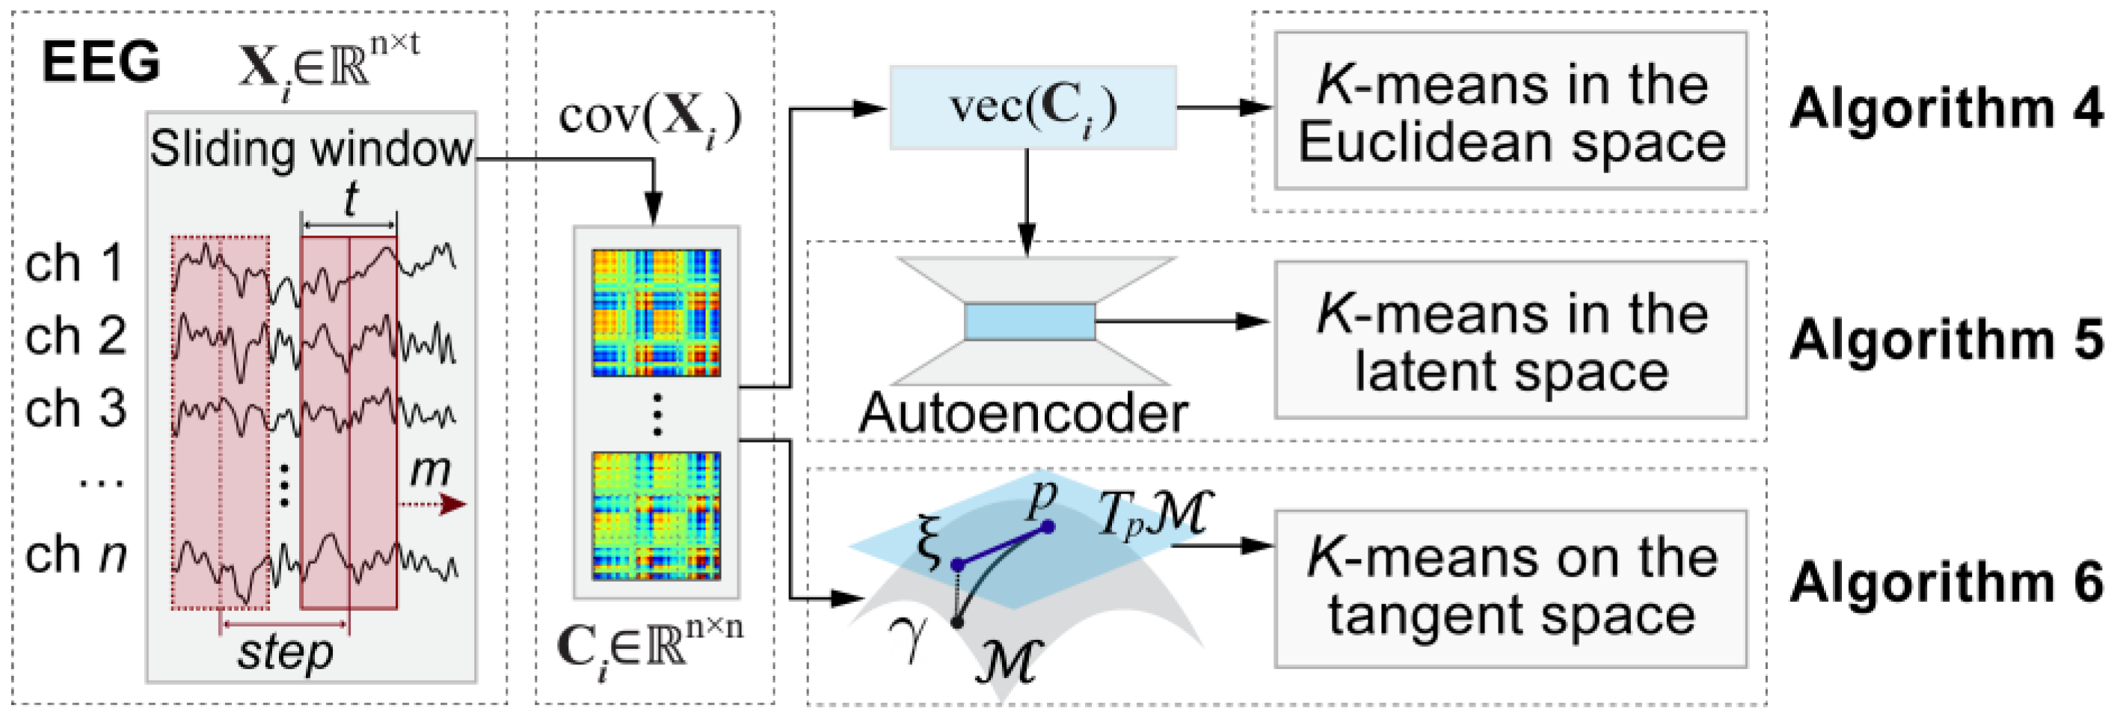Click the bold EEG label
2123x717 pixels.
(100, 63)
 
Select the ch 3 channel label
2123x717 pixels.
(75, 409)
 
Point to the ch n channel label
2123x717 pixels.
(75, 555)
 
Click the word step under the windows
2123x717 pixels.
(285, 653)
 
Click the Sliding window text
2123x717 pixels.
(310, 150)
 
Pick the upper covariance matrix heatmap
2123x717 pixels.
(656, 313)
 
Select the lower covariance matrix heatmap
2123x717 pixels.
(656, 515)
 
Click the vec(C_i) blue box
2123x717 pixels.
(1033, 108)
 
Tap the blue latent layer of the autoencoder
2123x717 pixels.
(1030, 321)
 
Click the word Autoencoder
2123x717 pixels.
(1023, 413)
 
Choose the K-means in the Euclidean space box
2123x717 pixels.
(1511, 111)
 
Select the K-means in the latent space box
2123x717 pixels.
(1511, 340)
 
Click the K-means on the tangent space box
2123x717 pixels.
(1511, 588)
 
